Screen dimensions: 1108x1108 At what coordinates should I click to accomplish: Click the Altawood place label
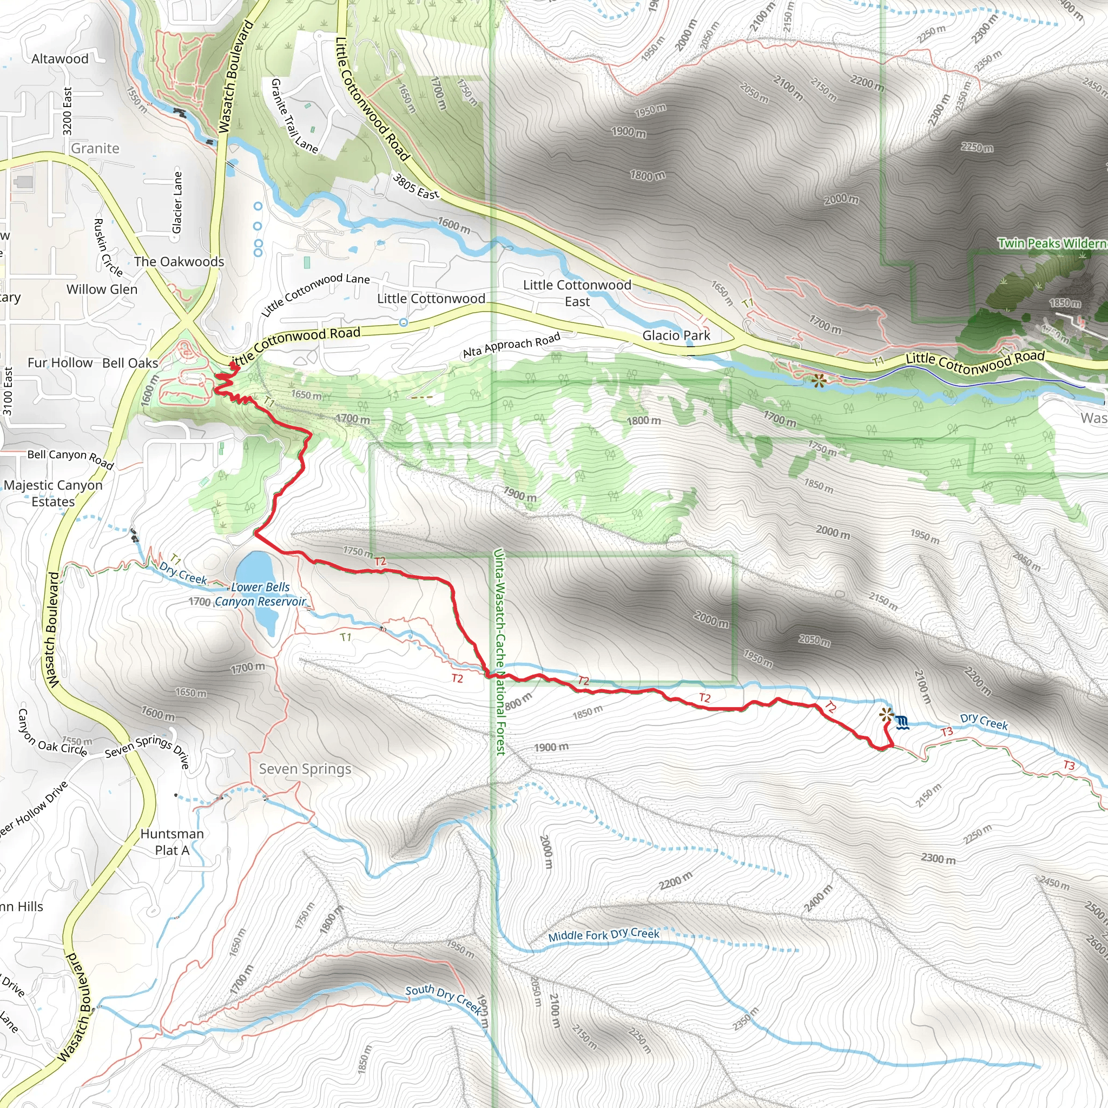coord(60,58)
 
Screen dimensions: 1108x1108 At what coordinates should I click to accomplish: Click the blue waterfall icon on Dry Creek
coord(902,723)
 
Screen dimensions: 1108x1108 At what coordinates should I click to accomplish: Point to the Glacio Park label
coord(676,335)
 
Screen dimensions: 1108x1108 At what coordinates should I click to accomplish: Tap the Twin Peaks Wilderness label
coord(1052,243)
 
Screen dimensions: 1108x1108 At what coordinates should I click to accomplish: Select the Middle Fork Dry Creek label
coord(603,935)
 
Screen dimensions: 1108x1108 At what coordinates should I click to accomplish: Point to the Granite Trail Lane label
coord(294,116)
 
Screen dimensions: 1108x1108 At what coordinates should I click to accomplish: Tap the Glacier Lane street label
coord(177,202)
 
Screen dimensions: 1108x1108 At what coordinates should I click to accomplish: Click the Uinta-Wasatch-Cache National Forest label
coord(499,651)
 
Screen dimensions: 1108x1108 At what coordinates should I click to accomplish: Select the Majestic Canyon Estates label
coord(54,493)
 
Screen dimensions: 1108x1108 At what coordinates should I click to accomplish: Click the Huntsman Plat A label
coord(172,842)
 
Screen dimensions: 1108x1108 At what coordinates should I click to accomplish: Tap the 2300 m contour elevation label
coord(938,859)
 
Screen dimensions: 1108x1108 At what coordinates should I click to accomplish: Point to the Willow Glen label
coord(102,289)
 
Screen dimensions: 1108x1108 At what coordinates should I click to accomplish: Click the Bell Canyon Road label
coord(70,458)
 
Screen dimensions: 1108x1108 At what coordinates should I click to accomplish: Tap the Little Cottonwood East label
coord(577,293)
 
